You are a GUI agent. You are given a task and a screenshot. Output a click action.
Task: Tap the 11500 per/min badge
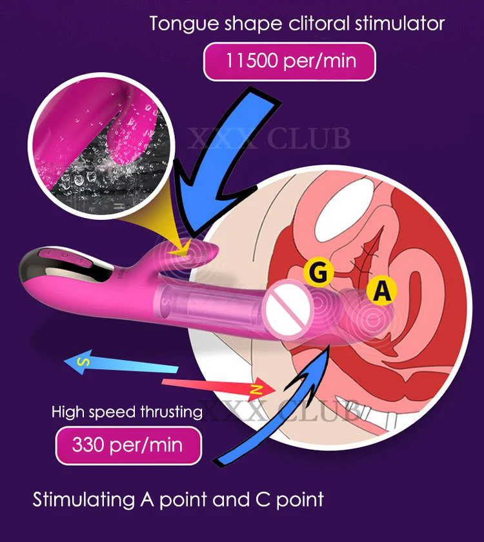tap(290, 63)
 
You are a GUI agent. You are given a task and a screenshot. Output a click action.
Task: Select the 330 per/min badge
tap(127, 445)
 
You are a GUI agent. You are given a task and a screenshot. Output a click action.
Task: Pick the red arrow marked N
tap(219, 386)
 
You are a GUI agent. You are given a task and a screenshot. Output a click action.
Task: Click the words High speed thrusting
tap(127, 411)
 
